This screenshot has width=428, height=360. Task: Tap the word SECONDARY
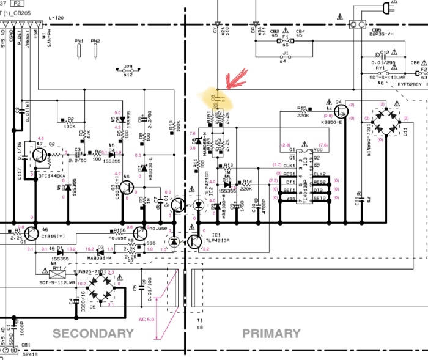click(93, 334)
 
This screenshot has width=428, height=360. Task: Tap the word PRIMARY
click(271, 334)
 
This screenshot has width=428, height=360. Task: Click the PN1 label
click(78, 41)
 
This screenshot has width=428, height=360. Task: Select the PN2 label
click(95, 41)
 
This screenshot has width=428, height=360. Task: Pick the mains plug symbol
click(386, 9)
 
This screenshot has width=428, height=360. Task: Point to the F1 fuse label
click(286, 37)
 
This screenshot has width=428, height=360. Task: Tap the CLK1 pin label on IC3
click(290, 166)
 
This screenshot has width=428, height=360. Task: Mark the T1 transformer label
click(199, 321)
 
